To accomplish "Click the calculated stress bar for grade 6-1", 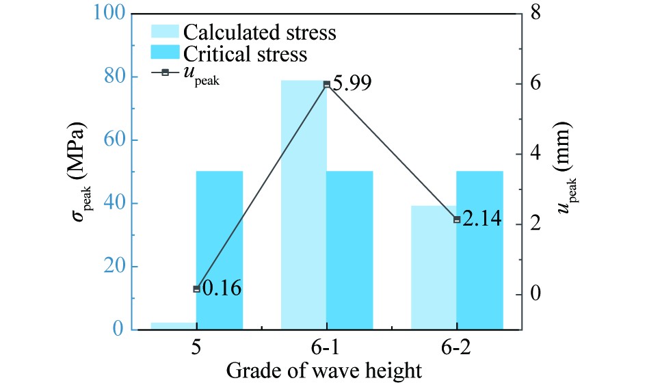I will [x=304, y=205].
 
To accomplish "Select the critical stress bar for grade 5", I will [x=220, y=250].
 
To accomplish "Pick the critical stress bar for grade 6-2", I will [x=479, y=250].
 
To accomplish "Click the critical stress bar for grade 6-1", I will [x=349, y=250].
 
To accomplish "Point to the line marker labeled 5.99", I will [x=327, y=84].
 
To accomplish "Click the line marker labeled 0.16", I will [x=197, y=289].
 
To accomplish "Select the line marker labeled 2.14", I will [x=457, y=220].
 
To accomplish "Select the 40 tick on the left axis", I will [x=116, y=204].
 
